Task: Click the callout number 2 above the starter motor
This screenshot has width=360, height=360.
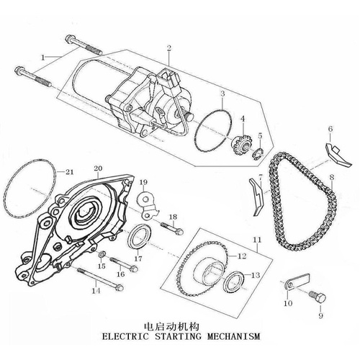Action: point(169,48)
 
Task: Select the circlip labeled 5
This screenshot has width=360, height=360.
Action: point(257,153)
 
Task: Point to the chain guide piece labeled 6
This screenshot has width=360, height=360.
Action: point(338,155)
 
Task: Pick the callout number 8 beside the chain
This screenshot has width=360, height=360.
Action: point(332,178)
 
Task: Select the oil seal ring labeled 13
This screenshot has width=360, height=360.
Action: point(234,281)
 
